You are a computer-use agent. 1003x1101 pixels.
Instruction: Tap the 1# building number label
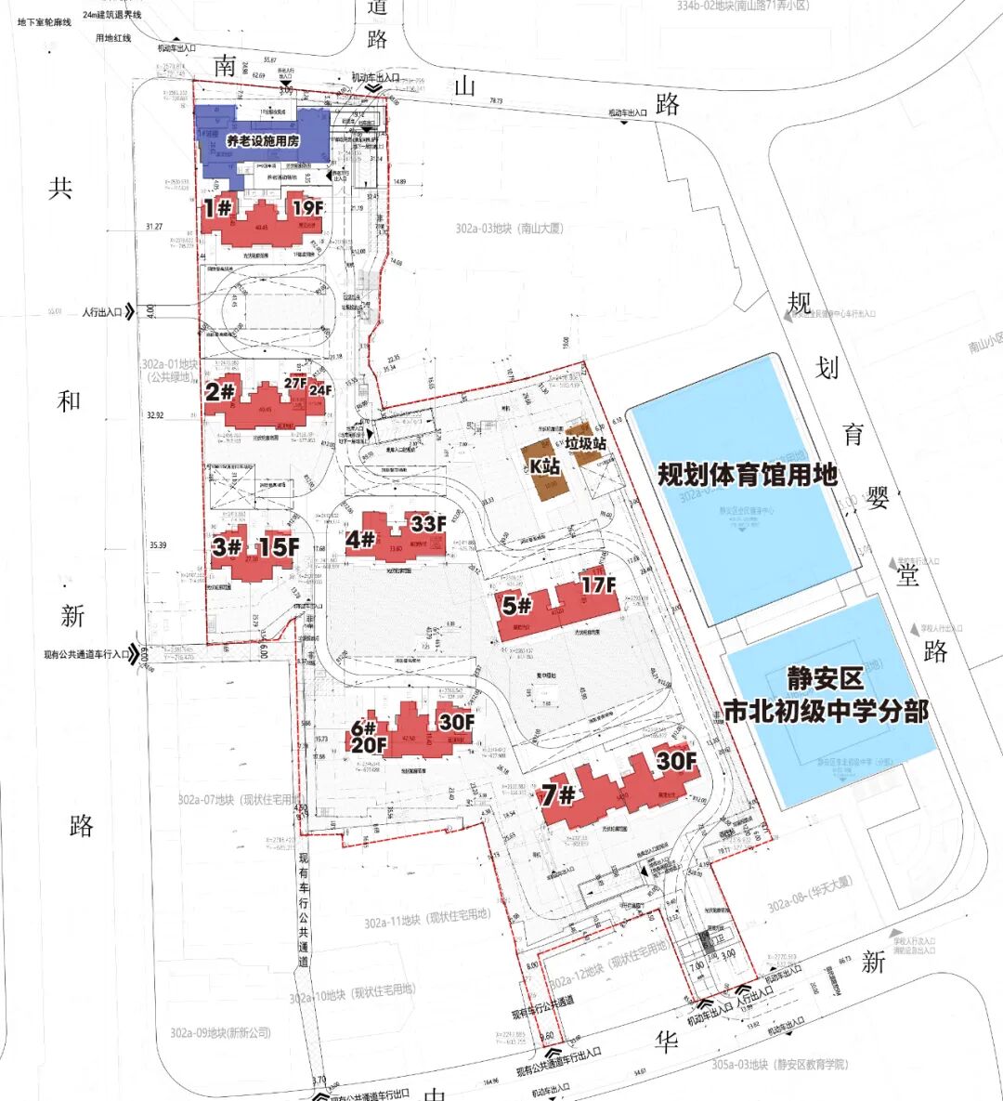point(217,207)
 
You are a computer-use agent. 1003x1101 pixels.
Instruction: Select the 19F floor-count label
point(307,207)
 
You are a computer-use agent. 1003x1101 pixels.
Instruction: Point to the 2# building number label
point(220,392)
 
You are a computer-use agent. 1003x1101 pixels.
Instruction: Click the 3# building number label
point(227,545)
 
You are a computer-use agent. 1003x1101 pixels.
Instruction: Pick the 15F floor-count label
point(279,546)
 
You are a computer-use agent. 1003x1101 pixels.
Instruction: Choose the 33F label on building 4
point(428,523)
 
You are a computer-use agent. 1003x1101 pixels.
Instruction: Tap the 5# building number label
point(516,606)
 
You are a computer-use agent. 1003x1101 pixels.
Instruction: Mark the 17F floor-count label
point(598,584)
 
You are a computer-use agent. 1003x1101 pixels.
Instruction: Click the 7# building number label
point(560,795)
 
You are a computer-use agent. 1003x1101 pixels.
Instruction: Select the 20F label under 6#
point(369,744)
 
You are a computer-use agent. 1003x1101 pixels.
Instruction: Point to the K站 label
point(547,465)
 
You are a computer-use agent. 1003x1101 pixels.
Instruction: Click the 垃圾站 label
point(586,443)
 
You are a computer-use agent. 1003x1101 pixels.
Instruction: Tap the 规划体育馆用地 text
point(748,475)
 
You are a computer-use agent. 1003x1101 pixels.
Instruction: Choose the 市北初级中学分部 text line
point(826,712)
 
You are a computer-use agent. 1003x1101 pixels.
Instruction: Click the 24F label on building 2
point(320,390)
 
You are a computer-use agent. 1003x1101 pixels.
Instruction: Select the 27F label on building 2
point(295,382)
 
